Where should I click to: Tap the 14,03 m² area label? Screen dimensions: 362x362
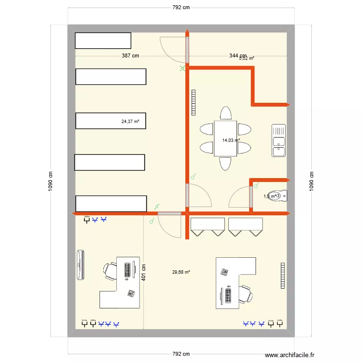click(231, 140)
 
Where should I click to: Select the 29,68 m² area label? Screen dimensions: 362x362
click(181, 272)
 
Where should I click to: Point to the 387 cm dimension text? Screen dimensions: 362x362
click(130, 56)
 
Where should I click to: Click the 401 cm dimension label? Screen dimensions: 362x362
click(143, 272)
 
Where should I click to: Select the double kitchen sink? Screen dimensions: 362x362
click(279, 140)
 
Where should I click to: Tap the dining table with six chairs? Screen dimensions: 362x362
click(225, 139)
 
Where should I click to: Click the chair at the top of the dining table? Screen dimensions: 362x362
click(225, 113)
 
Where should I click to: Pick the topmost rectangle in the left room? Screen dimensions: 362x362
click(103, 41)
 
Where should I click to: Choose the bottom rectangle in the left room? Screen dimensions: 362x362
click(111, 204)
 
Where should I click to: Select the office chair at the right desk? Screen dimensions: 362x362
click(245, 293)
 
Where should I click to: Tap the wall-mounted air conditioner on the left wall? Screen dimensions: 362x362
click(81, 265)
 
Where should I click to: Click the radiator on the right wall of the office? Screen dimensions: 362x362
click(282, 275)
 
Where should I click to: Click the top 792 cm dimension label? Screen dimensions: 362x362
click(181, 7)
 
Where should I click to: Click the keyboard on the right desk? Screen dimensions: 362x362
click(227, 294)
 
